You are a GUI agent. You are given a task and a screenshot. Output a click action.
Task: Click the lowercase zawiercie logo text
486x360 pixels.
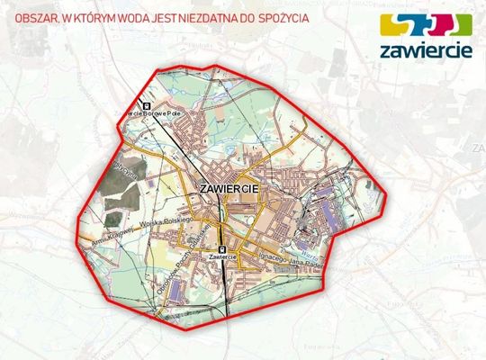(x=427, y=51)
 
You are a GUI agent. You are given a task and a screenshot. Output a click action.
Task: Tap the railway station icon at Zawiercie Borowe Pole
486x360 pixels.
(x=146, y=103)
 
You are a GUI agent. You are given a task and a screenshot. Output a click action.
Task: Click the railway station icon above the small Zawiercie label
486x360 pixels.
(x=221, y=249)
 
